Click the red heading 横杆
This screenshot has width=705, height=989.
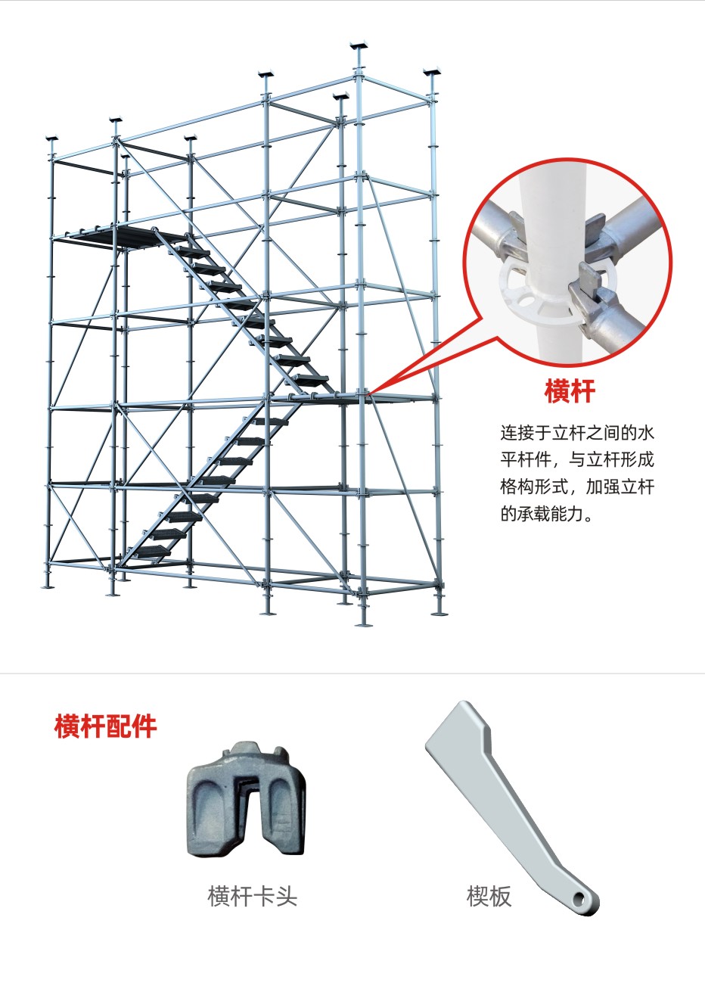tap(570, 391)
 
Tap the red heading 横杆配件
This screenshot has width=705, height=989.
tap(105, 726)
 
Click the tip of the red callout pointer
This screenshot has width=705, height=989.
tap(368, 393)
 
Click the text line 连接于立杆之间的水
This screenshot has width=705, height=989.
tap(577, 433)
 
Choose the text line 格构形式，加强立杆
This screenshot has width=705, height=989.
tap(577, 487)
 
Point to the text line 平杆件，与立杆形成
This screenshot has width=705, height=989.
tap(577, 460)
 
